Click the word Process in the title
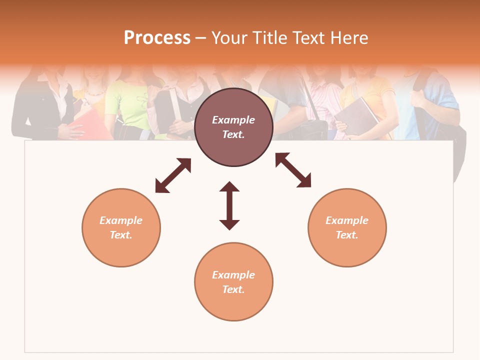(x=157, y=38)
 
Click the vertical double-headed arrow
(x=229, y=205)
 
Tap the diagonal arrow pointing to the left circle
(x=173, y=175)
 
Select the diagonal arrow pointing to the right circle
(x=293, y=170)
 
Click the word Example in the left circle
(x=121, y=220)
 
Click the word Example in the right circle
(x=347, y=220)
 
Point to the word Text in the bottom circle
(x=233, y=289)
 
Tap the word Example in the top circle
(x=233, y=120)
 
